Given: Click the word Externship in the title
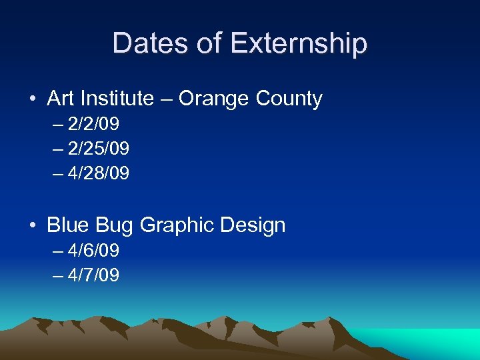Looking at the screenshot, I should [299, 43].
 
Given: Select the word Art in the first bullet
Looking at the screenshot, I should [61, 99].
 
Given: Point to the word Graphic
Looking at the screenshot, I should [175, 225].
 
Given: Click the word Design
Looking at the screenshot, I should [255, 225].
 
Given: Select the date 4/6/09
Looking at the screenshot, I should [93, 251].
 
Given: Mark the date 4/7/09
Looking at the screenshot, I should [93, 275].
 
